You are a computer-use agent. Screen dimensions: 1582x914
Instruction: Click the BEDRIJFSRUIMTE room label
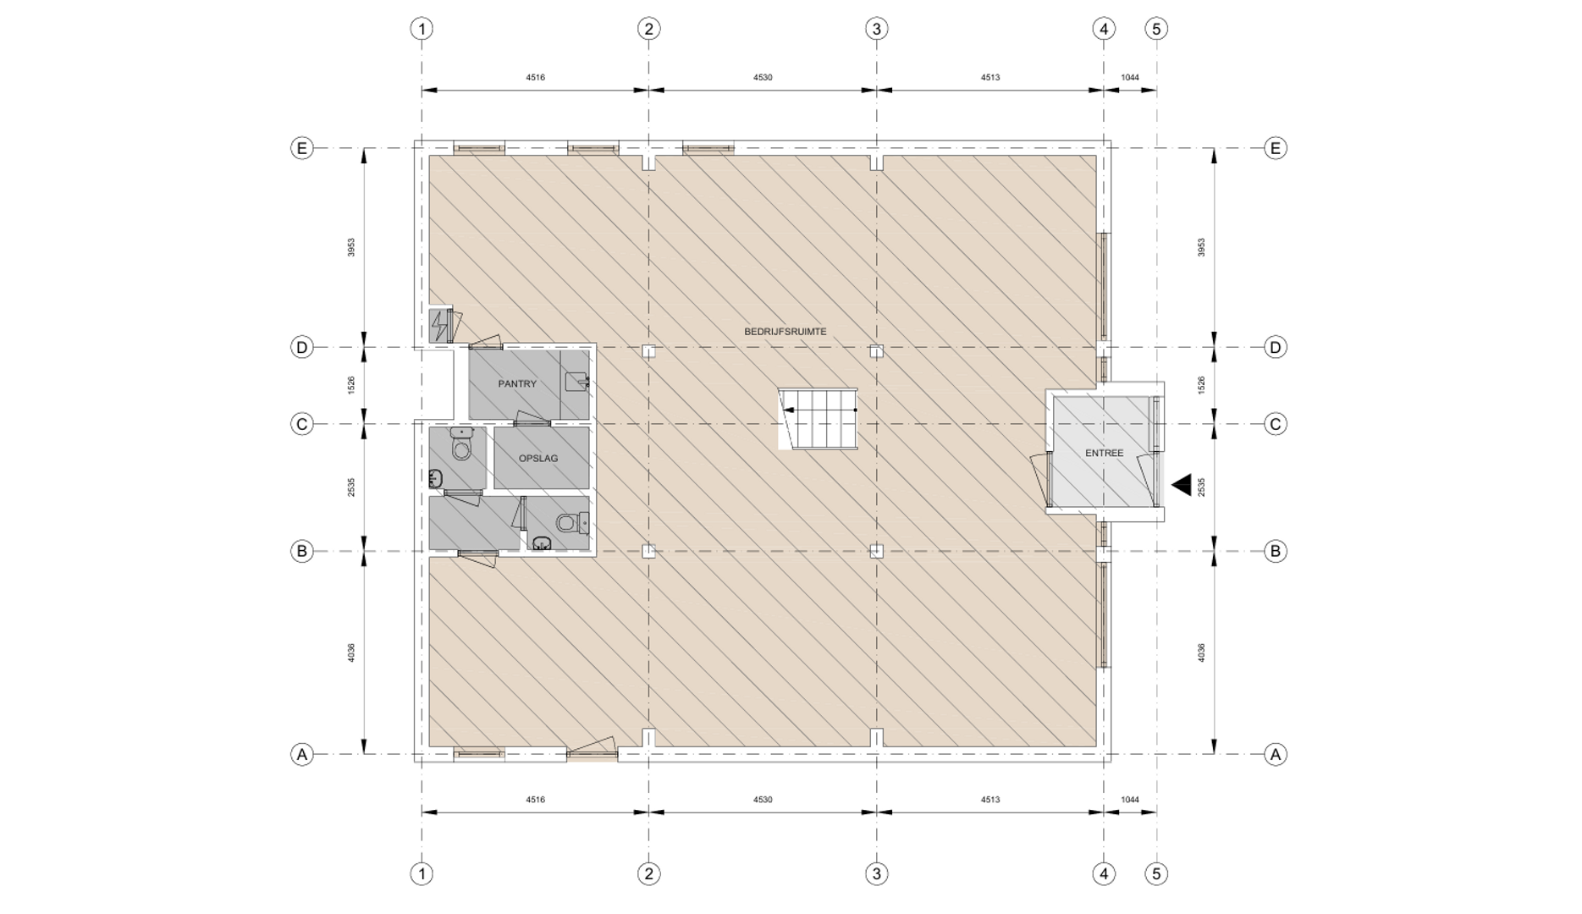785,332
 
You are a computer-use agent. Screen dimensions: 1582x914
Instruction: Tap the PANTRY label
517,384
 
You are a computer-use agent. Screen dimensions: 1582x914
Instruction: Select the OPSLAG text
538,459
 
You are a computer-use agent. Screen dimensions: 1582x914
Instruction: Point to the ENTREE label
1104,454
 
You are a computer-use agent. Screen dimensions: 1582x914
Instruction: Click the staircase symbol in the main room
817,419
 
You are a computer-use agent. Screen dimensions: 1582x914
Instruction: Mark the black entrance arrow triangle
1182,485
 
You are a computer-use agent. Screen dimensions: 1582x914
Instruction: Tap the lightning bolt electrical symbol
439,326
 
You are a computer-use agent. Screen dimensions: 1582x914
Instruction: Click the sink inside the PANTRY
577,382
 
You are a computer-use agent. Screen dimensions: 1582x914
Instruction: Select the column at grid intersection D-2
648,350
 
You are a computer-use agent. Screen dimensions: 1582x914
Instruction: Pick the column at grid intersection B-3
876,551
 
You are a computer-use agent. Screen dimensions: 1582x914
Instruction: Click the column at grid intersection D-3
876,350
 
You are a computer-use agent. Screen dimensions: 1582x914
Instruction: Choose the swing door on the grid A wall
592,749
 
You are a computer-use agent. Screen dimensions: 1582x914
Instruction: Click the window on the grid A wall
479,753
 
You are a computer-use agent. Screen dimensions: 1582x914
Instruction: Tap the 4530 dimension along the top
763,78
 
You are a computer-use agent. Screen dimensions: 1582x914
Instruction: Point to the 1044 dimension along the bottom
1130,800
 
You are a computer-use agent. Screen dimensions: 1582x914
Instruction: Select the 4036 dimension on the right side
1201,652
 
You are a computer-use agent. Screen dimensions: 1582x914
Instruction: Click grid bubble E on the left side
302,149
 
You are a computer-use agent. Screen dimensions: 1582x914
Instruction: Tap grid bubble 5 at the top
1156,29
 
